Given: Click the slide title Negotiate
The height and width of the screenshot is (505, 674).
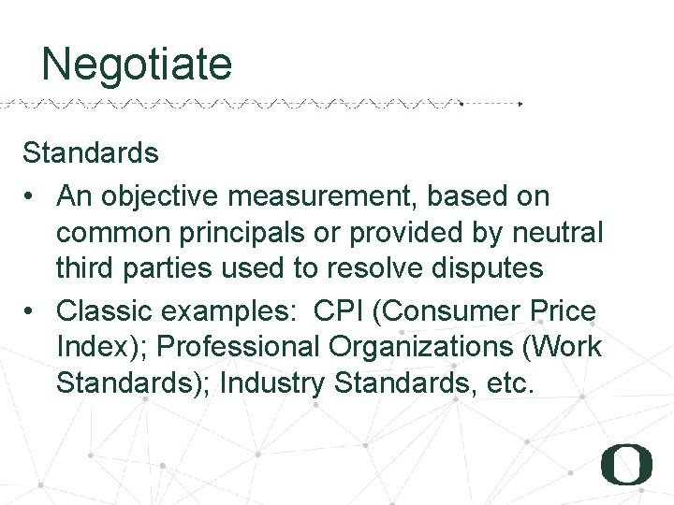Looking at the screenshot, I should (x=137, y=65).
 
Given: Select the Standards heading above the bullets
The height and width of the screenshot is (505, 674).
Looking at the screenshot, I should (x=91, y=151).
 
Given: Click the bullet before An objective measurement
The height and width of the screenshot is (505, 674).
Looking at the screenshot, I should (x=31, y=196).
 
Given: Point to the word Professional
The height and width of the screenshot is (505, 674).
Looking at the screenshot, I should (x=239, y=346).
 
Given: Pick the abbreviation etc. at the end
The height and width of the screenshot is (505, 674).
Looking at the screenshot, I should (x=511, y=382).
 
